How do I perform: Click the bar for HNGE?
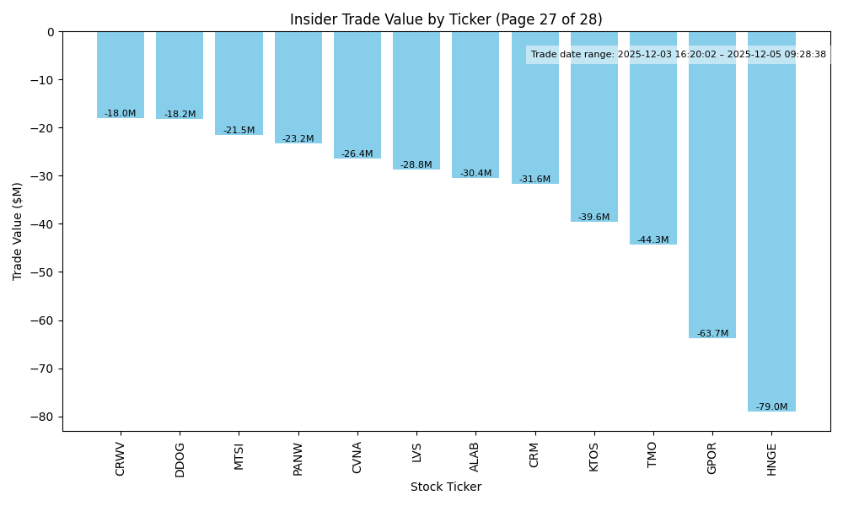pyautogui.click(x=771, y=228)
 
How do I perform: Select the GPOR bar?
pyautogui.click(x=712, y=194)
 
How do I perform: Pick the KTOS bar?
pyautogui.click(x=593, y=135)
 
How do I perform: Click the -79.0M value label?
pyautogui.click(x=771, y=407)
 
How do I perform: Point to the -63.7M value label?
pyautogui.click(x=712, y=334)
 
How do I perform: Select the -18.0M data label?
pyautogui.click(x=121, y=114)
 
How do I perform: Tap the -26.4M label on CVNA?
pyautogui.click(x=357, y=154)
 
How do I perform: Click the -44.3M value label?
pyautogui.click(x=652, y=240)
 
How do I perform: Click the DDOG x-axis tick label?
pyautogui.click(x=180, y=460)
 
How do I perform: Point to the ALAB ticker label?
pyautogui.click(x=475, y=457)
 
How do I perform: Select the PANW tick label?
pyautogui.click(x=298, y=459)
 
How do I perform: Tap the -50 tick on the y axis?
pyautogui.click(x=44, y=272)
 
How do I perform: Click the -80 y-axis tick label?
pyautogui.click(x=44, y=417)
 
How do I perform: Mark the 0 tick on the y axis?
pyautogui.click(x=51, y=32)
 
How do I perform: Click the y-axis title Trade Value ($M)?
pyautogui.click(x=18, y=232)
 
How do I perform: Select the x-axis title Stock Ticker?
pyautogui.click(x=446, y=487)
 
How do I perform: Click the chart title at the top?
pyautogui.click(x=446, y=19)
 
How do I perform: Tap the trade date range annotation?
pyautogui.click(x=679, y=55)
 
